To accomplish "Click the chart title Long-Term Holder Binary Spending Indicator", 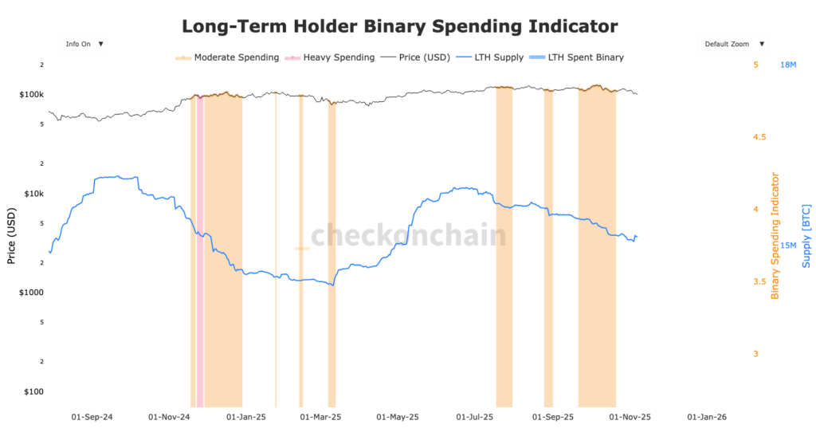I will pyautogui.click(x=399, y=26).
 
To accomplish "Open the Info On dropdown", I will pyautogui.click(x=83, y=44).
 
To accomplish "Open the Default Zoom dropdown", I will pyautogui.click(x=734, y=44).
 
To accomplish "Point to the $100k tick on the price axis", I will pyautogui.click(x=30, y=95).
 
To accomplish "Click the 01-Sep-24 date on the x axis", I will pyautogui.click(x=92, y=416).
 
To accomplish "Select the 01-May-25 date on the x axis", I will pyautogui.click(x=397, y=416).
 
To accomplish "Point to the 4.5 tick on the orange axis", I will pyautogui.click(x=759, y=137).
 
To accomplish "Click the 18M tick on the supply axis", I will pyautogui.click(x=787, y=65).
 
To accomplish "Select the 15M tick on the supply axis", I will pyautogui.click(x=787, y=246).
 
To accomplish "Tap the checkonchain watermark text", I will pyautogui.click(x=407, y=236).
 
